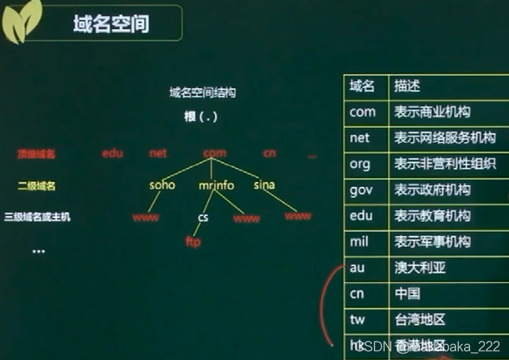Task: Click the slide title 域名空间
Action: [111, 24]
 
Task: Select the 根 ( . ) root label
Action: [200, 117]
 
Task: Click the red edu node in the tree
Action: [112, 153]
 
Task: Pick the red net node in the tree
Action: [158, 153]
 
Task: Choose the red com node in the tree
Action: [215, 153]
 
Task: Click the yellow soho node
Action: [162, 185]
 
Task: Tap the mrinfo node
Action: [216, 185]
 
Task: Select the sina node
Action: [264, 184]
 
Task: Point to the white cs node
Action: [203, 217]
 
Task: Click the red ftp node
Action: [193, 242]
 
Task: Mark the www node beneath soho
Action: [146, 217]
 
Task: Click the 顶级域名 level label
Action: [37, 154]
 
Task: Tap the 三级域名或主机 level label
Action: [38, 217]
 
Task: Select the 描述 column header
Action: [407, 86]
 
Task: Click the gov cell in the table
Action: [361, 190]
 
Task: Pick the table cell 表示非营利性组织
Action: [445, 164]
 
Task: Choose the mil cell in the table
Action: [359, 242]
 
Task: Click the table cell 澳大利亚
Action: [420, 268]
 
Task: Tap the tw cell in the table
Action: [357, 319]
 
